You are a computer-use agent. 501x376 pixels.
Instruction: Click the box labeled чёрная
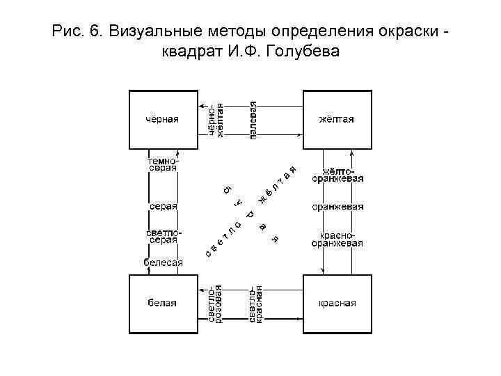(x=161, y=119)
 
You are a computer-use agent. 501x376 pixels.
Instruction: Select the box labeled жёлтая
(x=337, y=119)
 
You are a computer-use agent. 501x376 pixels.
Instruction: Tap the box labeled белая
(x=161, y=303)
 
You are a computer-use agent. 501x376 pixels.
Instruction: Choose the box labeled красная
(x=337, y=303)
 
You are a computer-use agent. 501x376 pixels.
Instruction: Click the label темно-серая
(x=163, y=164)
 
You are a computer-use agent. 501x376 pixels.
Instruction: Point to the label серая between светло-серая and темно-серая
(x=163, y=207)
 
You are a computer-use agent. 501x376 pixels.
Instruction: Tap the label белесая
(x=163, y=263)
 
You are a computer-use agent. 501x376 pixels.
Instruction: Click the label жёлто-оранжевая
(x=337, y=174)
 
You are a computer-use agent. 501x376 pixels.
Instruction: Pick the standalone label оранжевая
(x=337, y=207)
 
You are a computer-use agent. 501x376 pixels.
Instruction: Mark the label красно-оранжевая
(x=337, y=240)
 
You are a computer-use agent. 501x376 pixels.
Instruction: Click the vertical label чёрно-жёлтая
(x=216, y=120)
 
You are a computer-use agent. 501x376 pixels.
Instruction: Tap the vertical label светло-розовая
(x=216, y=304)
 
